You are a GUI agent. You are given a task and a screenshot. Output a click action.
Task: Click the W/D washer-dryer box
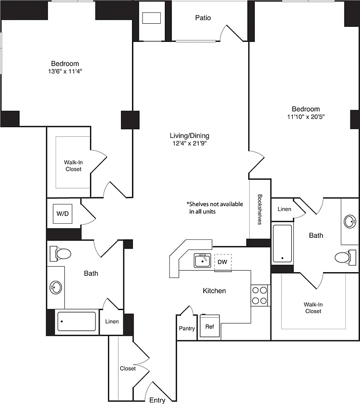coord(63,214)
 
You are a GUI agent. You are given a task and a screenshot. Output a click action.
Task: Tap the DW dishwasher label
coord(222,262)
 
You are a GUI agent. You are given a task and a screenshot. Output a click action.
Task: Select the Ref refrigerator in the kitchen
coord(209,327)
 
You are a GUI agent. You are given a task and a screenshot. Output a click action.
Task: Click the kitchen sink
coord(202,261)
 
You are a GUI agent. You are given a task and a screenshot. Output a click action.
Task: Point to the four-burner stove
coord(259,295)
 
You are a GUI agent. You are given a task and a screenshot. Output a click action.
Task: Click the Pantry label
coord(187,328)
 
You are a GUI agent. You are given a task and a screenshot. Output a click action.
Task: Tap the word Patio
coord(203,18)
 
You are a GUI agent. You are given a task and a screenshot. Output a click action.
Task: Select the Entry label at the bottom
coord(157,400)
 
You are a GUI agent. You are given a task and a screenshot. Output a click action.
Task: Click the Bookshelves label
coord(260,210)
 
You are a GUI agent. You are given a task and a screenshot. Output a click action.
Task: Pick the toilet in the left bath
coord(62,254)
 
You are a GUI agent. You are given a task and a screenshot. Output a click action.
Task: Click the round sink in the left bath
coord(56,288)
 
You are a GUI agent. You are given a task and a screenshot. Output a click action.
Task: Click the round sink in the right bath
coord(350,221)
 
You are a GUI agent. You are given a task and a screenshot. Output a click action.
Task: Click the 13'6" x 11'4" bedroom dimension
coord(65,71)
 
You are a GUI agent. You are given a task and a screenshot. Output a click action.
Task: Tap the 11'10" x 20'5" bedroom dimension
coord(305,117)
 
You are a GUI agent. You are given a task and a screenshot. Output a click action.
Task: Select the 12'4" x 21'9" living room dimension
coord(189,143)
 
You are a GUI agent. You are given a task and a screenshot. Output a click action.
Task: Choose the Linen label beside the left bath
coord(112,322)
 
